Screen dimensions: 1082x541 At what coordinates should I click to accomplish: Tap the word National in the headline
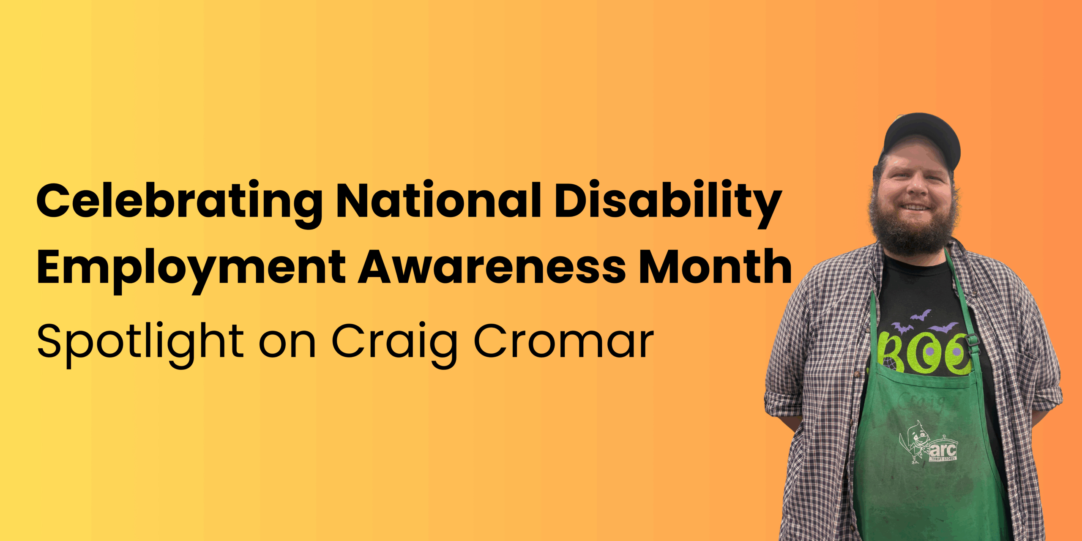pyautogui.click(x=438, y=199)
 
